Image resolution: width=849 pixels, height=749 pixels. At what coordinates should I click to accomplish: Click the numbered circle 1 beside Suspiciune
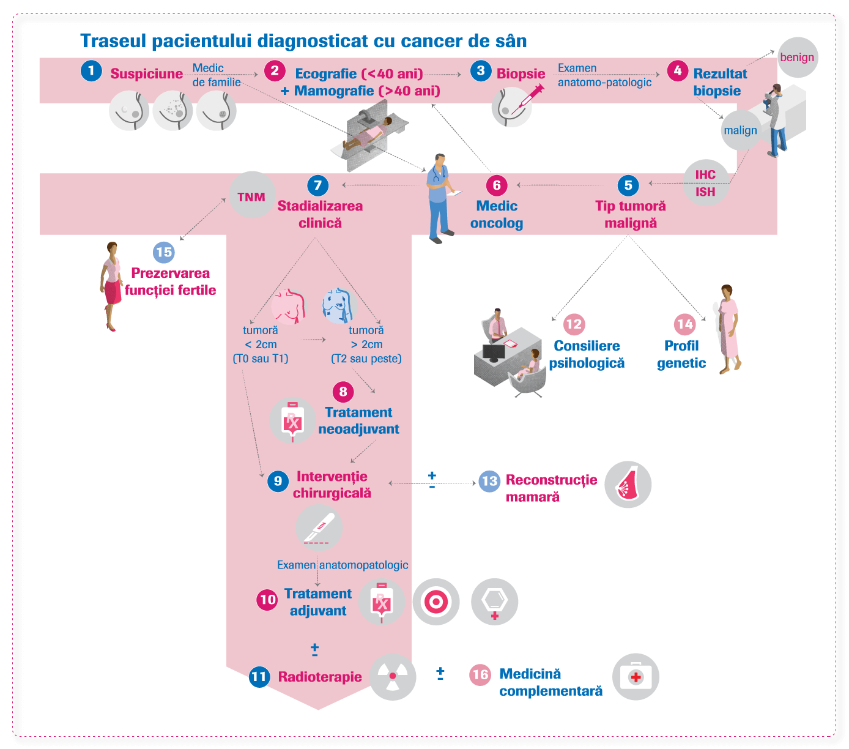pos(91,70)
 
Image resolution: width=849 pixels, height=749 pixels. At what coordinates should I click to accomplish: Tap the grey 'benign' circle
pos(797,58)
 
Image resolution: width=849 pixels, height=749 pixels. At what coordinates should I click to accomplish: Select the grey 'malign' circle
pos(740,130)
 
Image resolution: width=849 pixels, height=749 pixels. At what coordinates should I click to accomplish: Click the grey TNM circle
pos(251,196)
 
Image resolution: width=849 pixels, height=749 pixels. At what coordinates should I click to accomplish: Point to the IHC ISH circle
pos(705,183)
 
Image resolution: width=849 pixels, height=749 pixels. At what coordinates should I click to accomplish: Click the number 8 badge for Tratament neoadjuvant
pos(343,392)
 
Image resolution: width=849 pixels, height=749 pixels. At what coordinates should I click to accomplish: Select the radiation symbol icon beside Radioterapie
pos(393,676)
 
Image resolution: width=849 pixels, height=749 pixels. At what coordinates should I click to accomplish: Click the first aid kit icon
pos(636,677)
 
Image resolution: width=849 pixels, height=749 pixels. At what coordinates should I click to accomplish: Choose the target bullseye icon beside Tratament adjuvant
pos(436,602)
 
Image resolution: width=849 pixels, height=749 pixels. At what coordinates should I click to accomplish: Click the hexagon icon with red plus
pos(494,602)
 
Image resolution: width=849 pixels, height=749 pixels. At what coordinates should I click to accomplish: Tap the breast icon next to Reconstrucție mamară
pos(628,484)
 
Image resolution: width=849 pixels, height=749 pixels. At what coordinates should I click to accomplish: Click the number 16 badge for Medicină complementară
pos(480,674)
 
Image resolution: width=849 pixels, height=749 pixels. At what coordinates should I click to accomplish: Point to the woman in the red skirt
pos(111,285)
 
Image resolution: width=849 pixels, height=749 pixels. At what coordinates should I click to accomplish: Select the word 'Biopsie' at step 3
pos(521,74)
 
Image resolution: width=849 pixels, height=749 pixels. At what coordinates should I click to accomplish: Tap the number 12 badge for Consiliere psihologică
pos(574,324)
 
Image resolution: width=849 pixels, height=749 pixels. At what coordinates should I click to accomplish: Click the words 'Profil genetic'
pos(681,354)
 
